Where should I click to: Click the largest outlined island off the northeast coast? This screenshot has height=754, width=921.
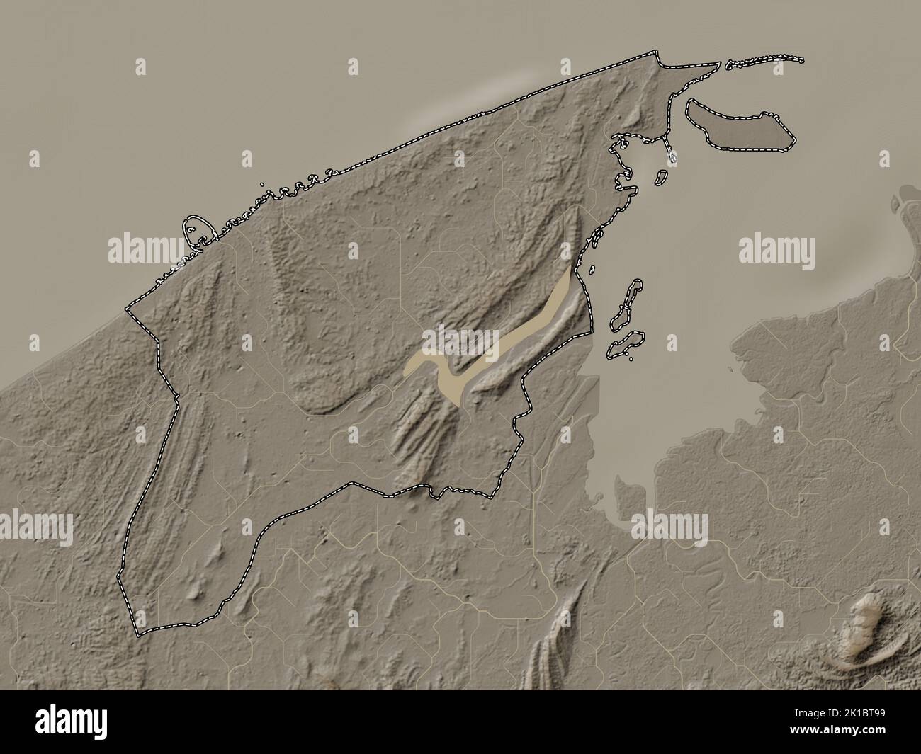(x=740, y=127)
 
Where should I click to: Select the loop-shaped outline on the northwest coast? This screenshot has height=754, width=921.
(x=199, y=231)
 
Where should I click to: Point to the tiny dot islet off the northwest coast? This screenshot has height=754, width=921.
(x=263, y=185)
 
